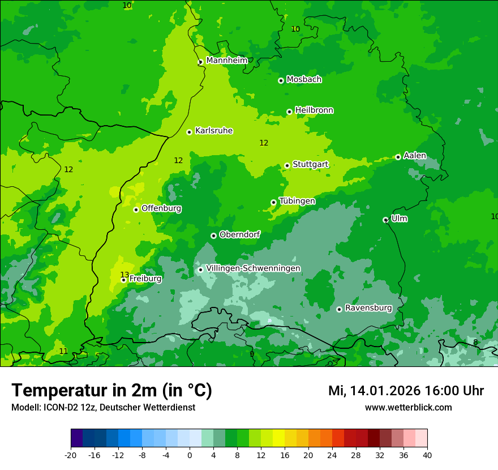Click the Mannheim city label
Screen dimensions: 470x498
coord(226,61)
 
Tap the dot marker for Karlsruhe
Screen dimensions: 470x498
coord(189,132)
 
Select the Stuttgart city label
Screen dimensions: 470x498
coord(310,165)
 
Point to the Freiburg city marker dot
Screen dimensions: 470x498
coord(123,280)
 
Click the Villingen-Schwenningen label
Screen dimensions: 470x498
coord(253,268)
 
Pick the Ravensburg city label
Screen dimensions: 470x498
coord(368,308)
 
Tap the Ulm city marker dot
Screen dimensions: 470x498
coord(385,220)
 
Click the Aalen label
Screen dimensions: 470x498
coord(415,156)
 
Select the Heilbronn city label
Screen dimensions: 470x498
coord(314,110)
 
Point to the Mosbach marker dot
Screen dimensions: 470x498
coord(281,80)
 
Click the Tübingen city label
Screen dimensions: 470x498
coord(297,201)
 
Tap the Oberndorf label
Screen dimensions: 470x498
coord(239,234)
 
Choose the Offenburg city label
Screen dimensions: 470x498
coord(161,208)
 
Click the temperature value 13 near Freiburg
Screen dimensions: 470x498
coord(124,275)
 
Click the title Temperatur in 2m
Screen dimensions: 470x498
coord(111,391)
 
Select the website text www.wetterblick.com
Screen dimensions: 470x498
coord(408,408)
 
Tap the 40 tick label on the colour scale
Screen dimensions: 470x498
coord(427,455)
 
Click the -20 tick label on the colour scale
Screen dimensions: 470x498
coord(71,455)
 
